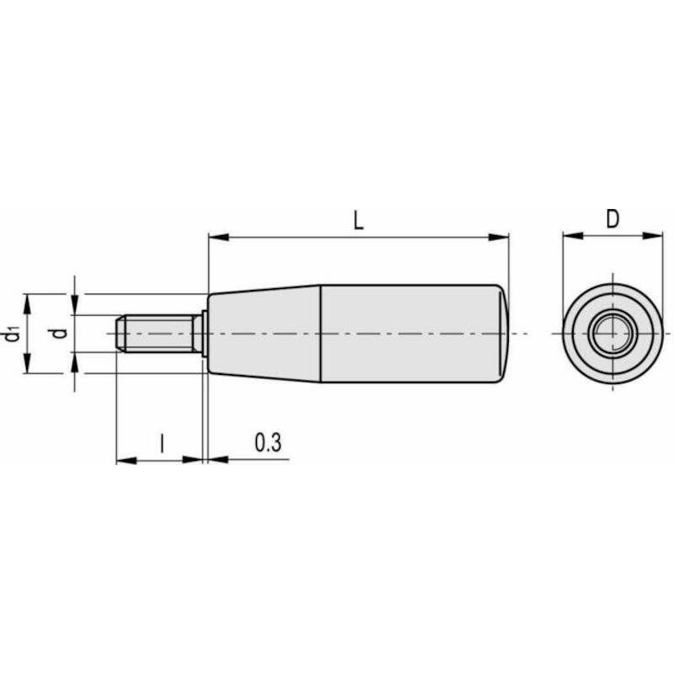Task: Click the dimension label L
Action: (358, 221)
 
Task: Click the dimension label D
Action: (612, 219)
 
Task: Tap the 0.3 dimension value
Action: (268, 442)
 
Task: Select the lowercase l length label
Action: (162, 443)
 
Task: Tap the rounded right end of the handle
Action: (503, 334)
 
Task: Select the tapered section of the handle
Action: (265, 334)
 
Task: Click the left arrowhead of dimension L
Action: (218, 238)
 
